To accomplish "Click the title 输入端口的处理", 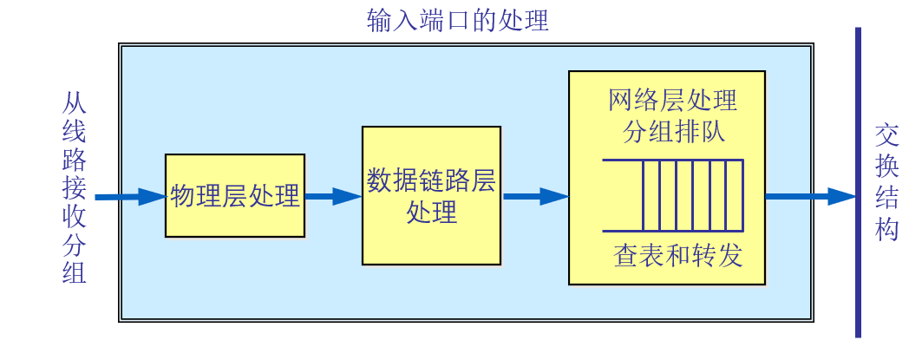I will coord(458,19).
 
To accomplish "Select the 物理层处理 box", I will coord(235,195).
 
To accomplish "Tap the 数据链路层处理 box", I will coord(431,195).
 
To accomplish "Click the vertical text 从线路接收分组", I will coord(75,189).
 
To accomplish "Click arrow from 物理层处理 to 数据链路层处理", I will coord(333,197).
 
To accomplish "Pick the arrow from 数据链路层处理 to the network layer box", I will coord(534,197).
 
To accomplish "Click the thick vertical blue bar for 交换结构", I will coord(858,183).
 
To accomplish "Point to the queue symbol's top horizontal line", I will coord(672,160).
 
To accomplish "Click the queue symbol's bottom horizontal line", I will coord(672,231).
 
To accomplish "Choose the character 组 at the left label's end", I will coord(75,272).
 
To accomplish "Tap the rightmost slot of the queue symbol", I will coord(735,195).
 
